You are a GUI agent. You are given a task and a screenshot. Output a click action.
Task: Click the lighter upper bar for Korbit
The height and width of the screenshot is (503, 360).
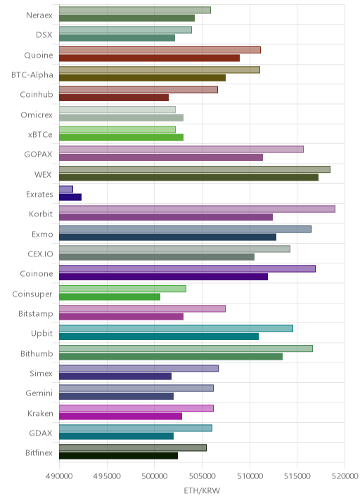pos(197,209)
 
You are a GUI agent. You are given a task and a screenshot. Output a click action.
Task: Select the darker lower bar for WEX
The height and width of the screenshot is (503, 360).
pos(189,178)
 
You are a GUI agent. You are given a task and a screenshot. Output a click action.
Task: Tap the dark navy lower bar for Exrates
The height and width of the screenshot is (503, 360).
pos(70,197)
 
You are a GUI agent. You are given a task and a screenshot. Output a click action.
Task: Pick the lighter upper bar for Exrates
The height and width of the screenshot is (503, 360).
pos(66,189)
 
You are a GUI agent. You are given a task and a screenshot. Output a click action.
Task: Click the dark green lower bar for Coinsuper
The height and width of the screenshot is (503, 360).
pos(110,296)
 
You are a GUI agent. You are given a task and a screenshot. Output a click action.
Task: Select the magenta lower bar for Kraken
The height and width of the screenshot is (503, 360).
pos(120,416)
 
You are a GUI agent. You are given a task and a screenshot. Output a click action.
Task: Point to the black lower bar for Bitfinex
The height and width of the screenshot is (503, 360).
pos(119,456)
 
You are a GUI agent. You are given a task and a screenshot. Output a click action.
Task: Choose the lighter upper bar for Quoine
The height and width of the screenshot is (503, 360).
pos(160,50)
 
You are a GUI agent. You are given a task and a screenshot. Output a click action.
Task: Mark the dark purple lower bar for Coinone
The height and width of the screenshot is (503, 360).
pos(163,277)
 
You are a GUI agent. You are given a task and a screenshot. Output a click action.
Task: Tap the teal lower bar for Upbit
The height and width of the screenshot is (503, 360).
pos(159,337)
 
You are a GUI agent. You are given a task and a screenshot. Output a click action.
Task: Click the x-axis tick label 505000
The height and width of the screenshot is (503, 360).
pos(202,476)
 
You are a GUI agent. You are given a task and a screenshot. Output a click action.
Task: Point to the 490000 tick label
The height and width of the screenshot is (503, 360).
pos(59,476)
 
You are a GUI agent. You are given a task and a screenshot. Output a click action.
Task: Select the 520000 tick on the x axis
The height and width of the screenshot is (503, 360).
pos(345,476)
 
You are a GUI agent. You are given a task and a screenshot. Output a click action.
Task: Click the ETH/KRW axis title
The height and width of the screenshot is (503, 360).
pos(202,491)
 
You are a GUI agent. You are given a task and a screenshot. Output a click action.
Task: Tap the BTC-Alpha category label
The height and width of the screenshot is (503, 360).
pos(32,74)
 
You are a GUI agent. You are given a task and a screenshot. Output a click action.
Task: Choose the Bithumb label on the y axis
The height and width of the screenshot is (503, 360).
pos(37,353)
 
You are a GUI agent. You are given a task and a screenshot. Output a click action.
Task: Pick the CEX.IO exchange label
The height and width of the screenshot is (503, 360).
pos(40,254)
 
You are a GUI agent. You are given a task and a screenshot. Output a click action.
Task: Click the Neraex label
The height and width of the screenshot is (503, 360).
pos(39,15)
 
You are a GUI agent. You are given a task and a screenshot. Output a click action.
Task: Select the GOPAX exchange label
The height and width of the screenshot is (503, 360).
pos(38,155)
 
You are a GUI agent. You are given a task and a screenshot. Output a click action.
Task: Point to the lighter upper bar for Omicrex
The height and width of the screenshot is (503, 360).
pos(117,110)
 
